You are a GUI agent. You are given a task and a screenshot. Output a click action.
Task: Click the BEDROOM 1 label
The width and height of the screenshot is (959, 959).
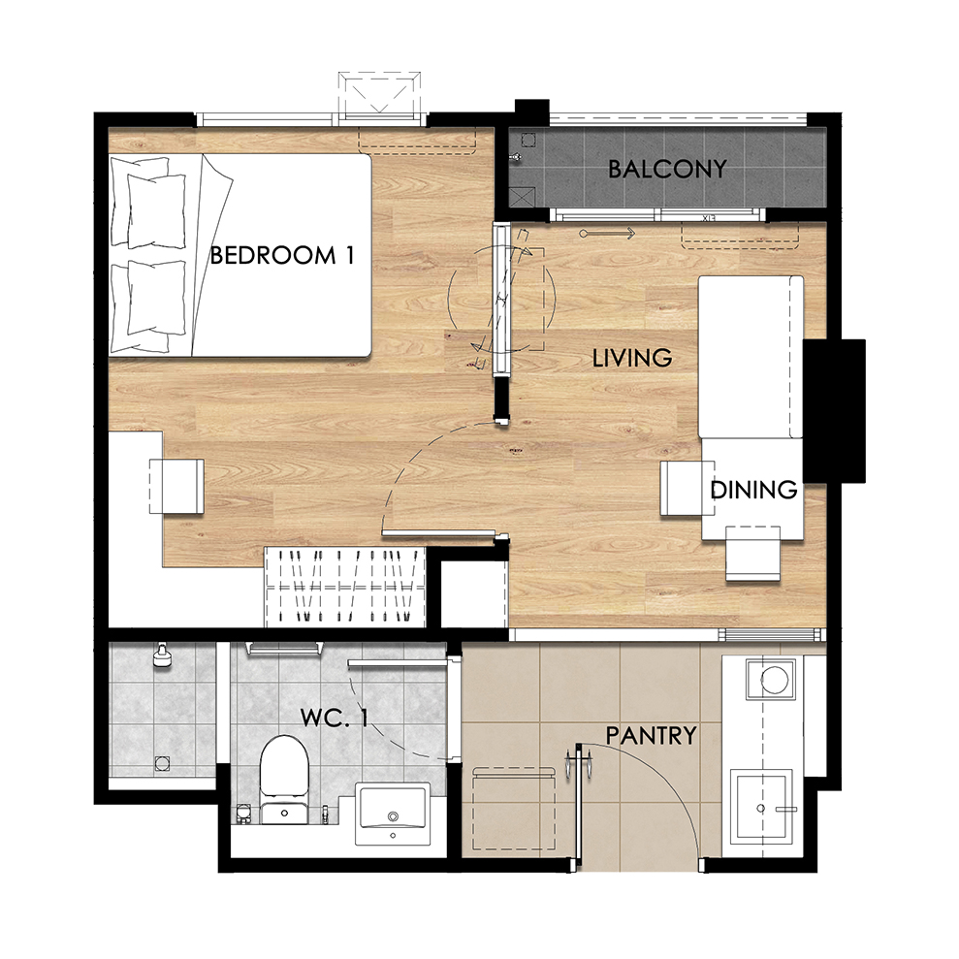pyautogui.click(x=282, y=255)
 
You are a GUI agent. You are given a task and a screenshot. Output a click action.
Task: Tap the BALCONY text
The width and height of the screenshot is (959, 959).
pyautogui.click(x=667, y=169)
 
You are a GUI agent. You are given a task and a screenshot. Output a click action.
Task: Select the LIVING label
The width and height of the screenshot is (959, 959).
pyautogui.click(x=632, y=358)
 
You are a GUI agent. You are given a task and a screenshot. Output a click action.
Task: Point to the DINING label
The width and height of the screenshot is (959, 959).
pyautogui.click(x=753, y=490)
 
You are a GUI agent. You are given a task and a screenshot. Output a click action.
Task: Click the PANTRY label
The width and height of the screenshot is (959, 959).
pyautogui.click(x=652, y=735)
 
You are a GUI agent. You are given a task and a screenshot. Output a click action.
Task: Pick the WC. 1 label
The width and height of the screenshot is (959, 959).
pyautogui.click(x=334, y=718)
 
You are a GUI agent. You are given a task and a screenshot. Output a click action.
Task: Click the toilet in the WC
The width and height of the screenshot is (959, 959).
pyautogui.click(x=284, y=780)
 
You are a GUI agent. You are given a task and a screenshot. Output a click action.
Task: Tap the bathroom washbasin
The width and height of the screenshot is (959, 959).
pyautogui.click(x=393, y=815)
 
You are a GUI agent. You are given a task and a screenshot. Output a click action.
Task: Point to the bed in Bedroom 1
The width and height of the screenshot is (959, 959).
pyautogui.click(x=240, y=255)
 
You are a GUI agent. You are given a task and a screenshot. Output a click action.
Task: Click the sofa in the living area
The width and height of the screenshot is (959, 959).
pyautogui.click(x=751, y=357)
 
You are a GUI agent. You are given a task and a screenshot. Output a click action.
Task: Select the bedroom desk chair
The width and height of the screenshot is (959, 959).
pyautogui.click(x=176, y=486)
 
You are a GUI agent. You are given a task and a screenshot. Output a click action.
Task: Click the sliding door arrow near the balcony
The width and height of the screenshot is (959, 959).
pyautogui.click(x=607, y=233)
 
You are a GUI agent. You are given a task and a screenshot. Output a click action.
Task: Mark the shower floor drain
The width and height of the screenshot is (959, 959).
pyautogui.click(x=162, y=763)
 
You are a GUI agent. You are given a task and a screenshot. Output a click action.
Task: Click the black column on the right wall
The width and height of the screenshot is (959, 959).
pyautogui.click(x=834, y=411)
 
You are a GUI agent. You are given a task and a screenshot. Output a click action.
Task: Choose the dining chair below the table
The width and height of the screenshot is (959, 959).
pyautogui.click(x=752, y=554)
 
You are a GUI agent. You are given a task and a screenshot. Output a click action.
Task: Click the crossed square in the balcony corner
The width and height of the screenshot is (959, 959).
pyautogui.click(x=522, y=197)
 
